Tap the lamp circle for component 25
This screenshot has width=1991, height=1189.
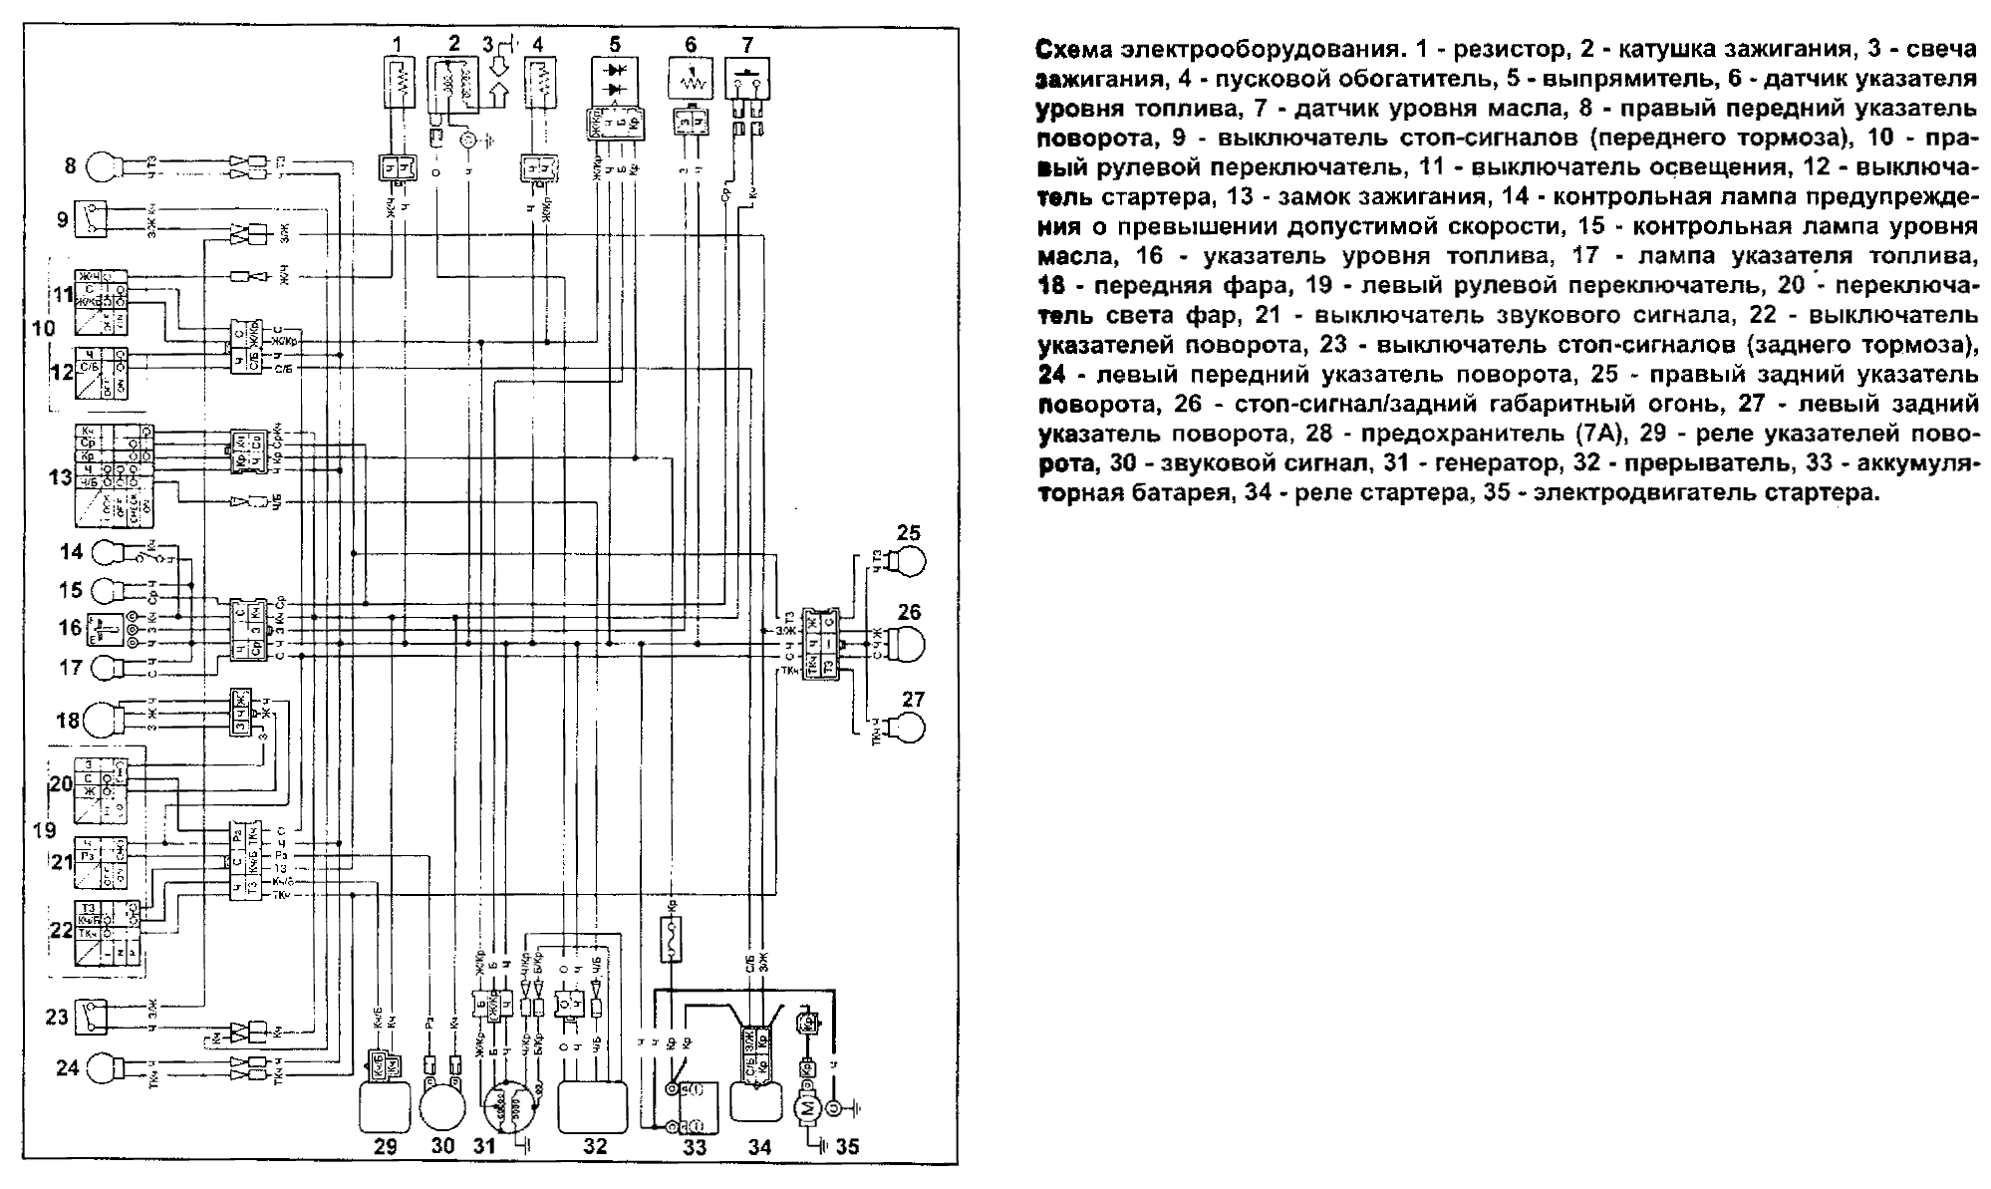[909, 563]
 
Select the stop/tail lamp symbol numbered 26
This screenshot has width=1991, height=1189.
[904, 639]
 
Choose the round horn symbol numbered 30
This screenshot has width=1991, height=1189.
[443, 1103]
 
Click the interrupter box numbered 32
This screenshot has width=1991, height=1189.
[595, 1106]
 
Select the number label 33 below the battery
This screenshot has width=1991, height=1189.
[694, 1147]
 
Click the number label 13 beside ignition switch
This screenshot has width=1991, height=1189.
[60, 476]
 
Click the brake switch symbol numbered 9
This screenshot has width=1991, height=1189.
[93, 220]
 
